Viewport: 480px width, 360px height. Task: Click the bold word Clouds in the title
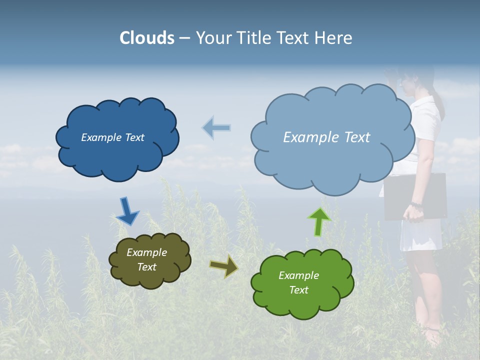[147, 38]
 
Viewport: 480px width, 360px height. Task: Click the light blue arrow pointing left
[216, 127]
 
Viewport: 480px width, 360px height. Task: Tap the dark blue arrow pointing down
[127, 211]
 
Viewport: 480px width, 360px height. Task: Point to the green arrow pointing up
[319, 221]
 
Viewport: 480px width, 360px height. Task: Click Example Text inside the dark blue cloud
[112, 137]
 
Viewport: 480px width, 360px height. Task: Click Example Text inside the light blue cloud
[326, 137]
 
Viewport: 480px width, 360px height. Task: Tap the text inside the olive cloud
[146, 260]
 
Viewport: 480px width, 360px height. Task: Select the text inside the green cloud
[298, 282]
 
